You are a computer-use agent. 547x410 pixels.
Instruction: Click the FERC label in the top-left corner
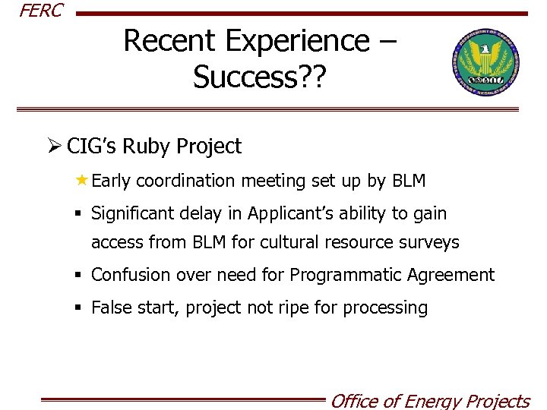41,11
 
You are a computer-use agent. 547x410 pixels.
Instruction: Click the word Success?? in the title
259,77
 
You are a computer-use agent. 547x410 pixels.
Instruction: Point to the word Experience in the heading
296,41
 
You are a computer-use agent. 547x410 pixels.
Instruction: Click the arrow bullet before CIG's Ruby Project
54,147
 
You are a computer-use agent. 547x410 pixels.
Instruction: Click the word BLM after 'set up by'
409,181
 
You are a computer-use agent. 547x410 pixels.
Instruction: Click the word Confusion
131,275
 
